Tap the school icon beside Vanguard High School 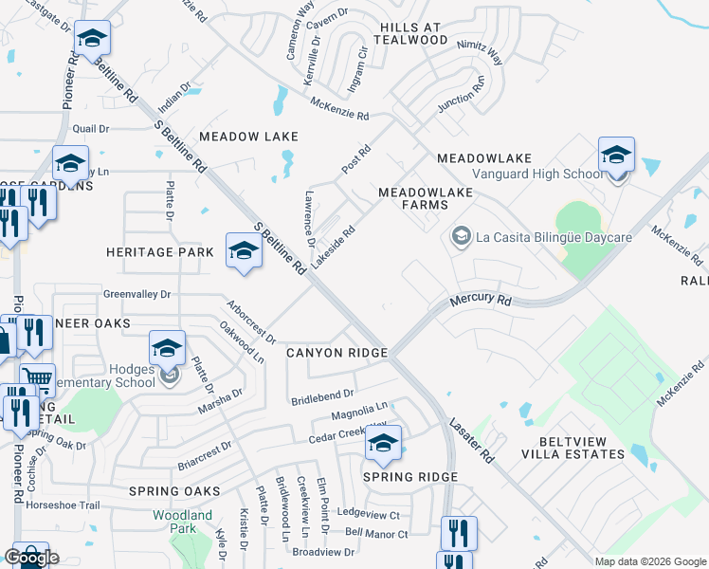[x=616, y=155]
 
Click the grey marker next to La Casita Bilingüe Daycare [x=462, y=234]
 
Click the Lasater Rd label [x=472, y=441]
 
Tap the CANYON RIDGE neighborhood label [x=336, y=353]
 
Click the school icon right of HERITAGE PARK [x=244, y=251]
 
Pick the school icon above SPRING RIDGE [x=383, y=443]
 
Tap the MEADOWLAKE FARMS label [x=426, y=197]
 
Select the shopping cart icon [x=37, y=381]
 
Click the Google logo [x=31, y=557]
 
